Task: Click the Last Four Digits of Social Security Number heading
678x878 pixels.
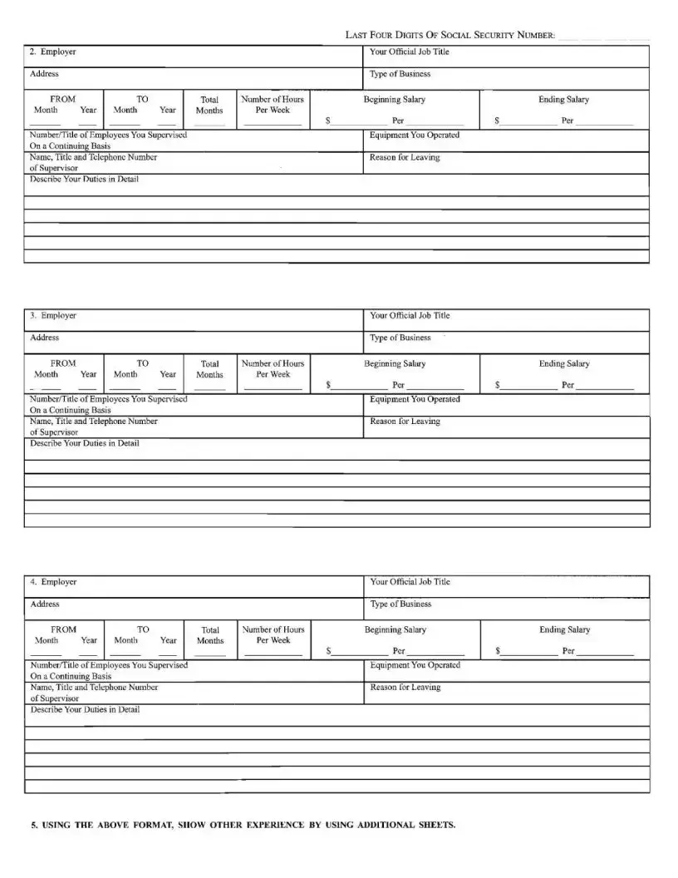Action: [x=450, y=35]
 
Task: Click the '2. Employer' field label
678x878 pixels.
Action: [x=52, y=52]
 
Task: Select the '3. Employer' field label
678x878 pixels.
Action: [x=52, y=316]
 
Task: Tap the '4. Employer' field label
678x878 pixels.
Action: [x=53, y=582]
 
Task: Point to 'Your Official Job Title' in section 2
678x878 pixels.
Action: [x=410, y=52]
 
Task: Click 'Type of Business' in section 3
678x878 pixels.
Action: [x=400, y=338]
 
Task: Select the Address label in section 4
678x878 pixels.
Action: [x=45, y=604]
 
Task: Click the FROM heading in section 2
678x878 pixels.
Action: [x=63, y=99]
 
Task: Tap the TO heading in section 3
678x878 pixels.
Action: [x=143, y=363]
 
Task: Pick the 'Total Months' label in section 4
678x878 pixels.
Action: [x=210, y=635]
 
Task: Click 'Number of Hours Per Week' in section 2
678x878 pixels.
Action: [x=273, y=104]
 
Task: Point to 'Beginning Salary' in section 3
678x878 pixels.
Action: [x=395, y=363]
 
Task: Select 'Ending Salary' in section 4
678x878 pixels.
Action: [x=565, y=629]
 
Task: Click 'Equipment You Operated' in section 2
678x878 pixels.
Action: [x=415, y=135]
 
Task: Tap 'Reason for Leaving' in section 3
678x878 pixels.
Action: [x=405, y=422]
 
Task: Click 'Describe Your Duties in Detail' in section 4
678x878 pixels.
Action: [x=85, y=709]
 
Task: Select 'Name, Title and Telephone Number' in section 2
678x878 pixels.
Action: [x=93, y=157]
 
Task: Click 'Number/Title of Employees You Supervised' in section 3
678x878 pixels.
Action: [x=108, y=399]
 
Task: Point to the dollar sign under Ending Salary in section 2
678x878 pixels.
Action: [x=496, y=121]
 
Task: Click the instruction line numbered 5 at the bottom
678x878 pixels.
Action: [x=243, y=826]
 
